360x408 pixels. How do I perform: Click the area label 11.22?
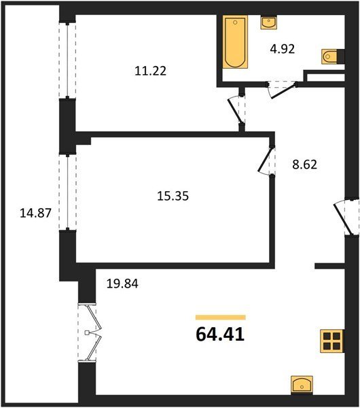[x=151, y=71]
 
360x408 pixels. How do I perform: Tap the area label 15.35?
[x=173, y=196]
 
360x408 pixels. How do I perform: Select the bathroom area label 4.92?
[x=283, y=49]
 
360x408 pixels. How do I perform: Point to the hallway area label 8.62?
[x=304, y=165]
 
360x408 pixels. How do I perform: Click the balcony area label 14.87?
[x=35, y=213]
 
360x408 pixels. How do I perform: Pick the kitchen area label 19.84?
[x=122, y=284]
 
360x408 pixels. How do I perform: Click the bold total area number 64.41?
[x=220, y=335]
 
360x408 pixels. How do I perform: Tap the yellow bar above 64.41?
[x=221, y=317]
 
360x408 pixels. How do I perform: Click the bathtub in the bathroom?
[x=235, y=42]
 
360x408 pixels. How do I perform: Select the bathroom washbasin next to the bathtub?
[x=269, y=22]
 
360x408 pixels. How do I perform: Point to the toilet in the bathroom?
[x=331, y=56]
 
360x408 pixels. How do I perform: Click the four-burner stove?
[x=332, y=341]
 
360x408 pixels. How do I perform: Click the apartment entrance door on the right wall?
[x=346, y=218]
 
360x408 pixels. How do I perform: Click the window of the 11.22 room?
[x=67, y=61]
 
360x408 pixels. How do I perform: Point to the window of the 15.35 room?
[x=67, y=192]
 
